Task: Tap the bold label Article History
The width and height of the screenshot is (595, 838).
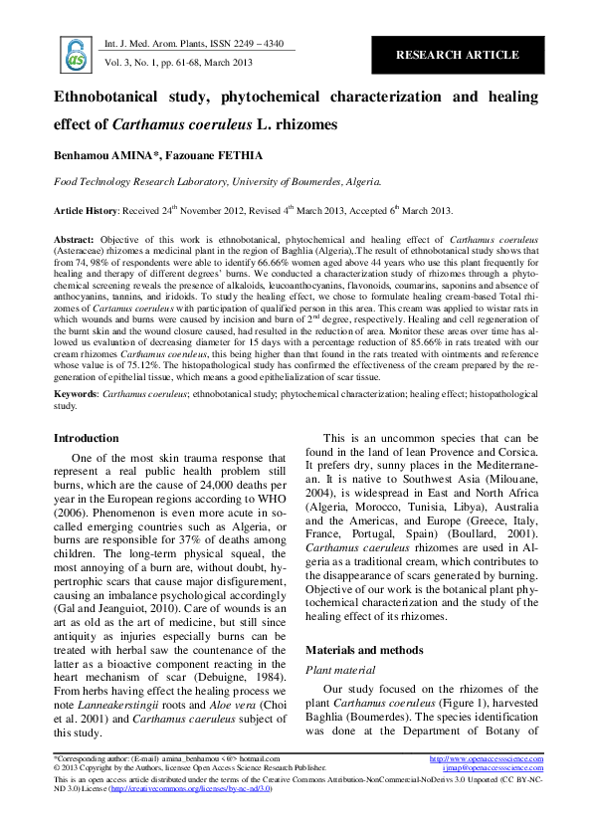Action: click(x=85, y=211)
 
